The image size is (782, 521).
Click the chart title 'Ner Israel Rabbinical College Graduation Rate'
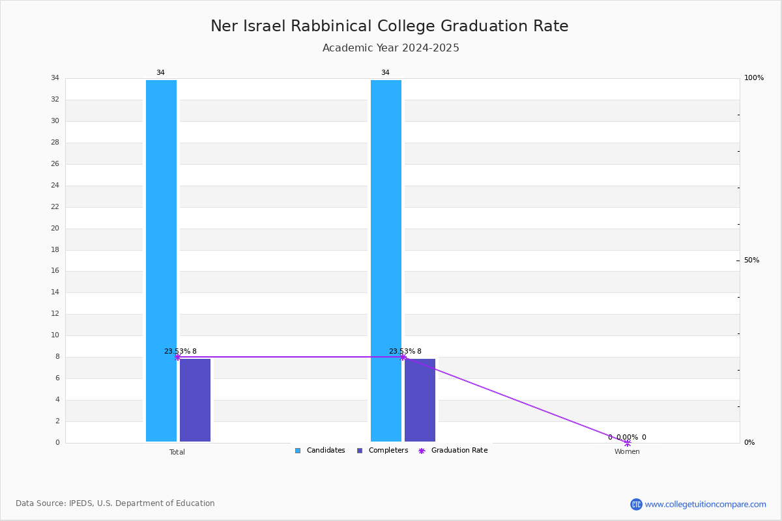[x=389, y=26]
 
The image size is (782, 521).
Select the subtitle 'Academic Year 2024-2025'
[x=390, y=48]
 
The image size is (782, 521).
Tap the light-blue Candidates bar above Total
[x=162, y=260]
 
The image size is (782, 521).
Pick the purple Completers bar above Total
[x=195, y=400]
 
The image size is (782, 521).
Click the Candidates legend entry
[x=320, y=450]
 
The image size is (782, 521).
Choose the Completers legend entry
[x=383, y=450]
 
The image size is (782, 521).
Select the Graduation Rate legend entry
[x=453, y=450]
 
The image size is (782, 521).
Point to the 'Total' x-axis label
[x=177, y=452]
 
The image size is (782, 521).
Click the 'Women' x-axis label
[x=627, y=451]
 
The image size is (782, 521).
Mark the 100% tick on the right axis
[x=754, y=77]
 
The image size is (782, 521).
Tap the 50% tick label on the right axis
[x=751, y=260]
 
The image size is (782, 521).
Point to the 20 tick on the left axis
[x=55, y=228]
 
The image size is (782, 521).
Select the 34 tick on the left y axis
[x=55, y=77]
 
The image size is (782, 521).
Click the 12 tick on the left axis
[x=55, y=314]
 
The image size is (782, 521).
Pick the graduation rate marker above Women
[x=628, y=443]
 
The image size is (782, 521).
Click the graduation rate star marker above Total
[x=177, y=357]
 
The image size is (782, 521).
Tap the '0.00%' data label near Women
[x=627, y=437]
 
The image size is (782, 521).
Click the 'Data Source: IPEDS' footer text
[x=115, y=503]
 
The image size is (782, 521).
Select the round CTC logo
[x=636, y=504]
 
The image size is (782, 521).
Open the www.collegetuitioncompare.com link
[x=705, y=504]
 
